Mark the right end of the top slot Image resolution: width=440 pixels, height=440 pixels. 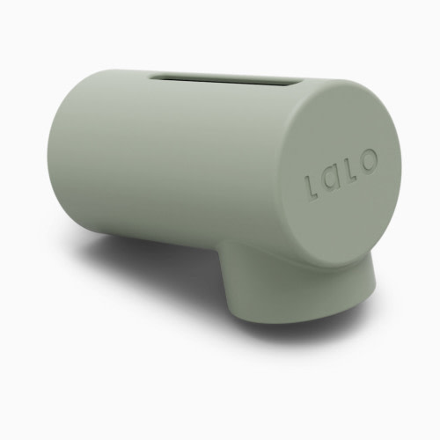pyautogui.click(x=294, y=84)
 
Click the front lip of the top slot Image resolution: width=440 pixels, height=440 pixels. pyautogui.click(x=224, y=87)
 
